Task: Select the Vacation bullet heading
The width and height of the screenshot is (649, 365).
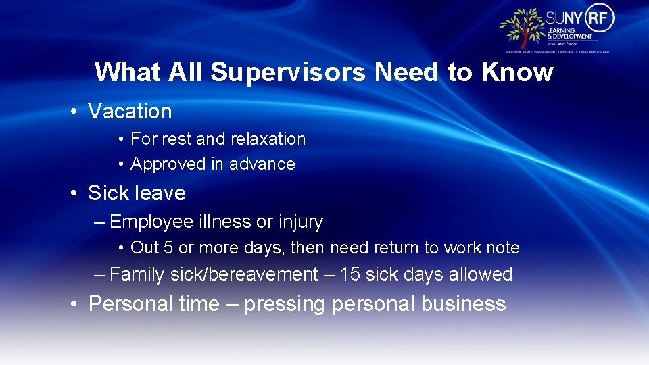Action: pos(130,111)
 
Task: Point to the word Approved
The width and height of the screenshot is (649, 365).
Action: pos(168,164)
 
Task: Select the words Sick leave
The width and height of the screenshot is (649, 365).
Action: pos(137,193)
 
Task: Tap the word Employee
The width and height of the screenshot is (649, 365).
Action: pos(151,222)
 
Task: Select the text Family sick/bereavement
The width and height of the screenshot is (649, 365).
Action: pos(213,274)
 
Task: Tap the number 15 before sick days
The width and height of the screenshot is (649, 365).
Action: pos(350,274)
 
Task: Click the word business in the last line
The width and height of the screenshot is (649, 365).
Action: pos(463,303)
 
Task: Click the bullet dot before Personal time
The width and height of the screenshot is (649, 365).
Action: pos(74,304)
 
